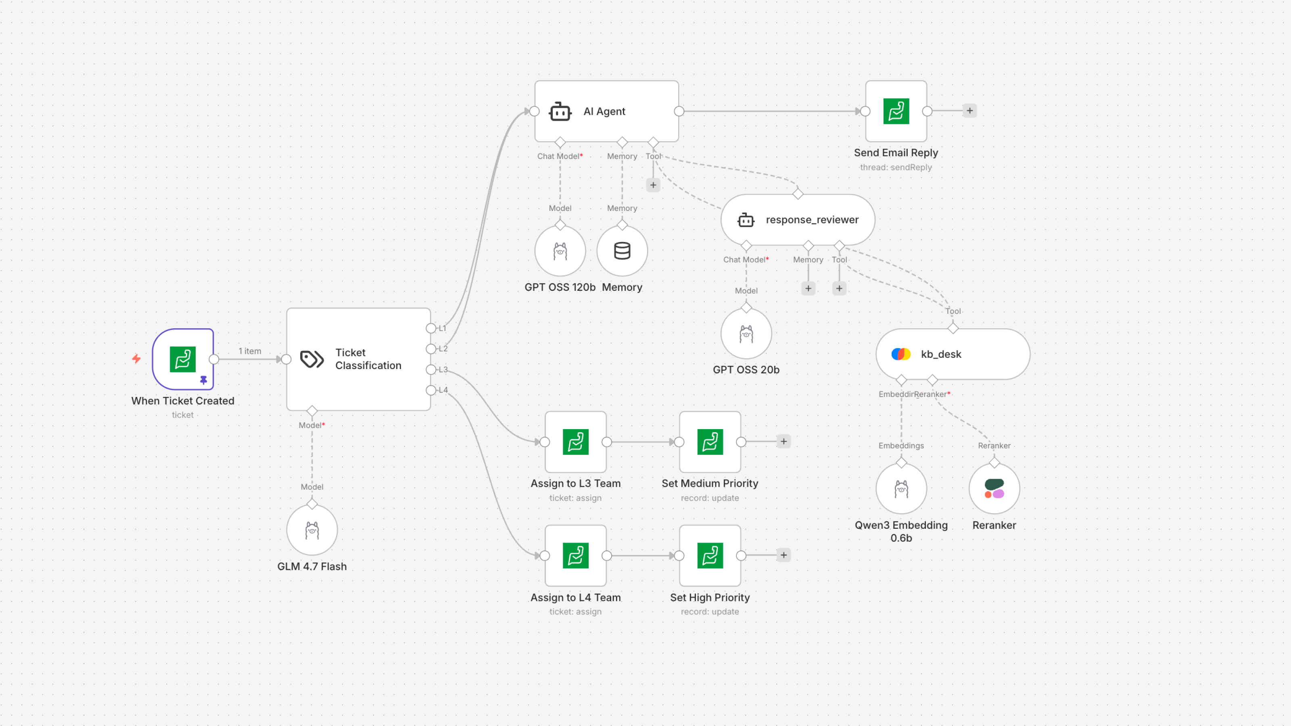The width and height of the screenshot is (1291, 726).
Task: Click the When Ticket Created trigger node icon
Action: [182, 359]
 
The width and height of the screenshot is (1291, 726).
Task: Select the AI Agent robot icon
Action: [560, 111]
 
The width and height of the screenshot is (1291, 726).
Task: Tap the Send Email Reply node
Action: [896, 111]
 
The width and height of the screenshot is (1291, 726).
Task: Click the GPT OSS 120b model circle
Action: [560, 250]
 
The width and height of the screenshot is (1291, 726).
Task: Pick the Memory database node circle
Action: [622, 250]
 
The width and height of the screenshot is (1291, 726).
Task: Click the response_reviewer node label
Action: [812, 219]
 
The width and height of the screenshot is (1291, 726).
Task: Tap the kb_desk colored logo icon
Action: [900, 354]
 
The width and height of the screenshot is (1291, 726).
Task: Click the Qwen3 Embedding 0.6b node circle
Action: [901, 488]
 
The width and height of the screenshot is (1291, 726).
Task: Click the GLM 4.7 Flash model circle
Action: [312, 530]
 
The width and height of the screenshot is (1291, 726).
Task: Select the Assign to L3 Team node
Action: [575, 441]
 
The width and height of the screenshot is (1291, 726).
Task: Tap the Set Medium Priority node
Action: [710, 441]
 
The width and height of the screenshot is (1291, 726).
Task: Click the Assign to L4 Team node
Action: [575, 555]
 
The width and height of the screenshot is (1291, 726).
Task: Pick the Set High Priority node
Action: [710, 555]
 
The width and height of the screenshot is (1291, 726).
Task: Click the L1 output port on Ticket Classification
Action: [430, 328]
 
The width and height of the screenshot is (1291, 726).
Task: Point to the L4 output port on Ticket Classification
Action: [430, 390]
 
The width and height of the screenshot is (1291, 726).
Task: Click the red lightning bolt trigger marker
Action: [136, 359]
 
